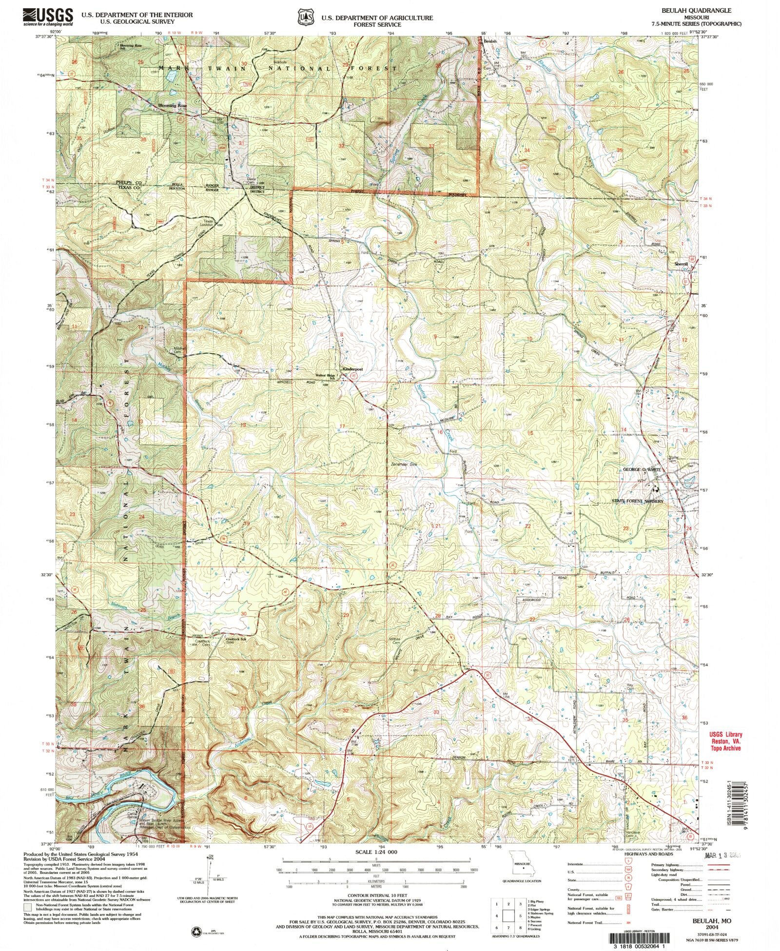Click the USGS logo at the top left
pos(48,17)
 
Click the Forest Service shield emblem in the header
pos(306,18)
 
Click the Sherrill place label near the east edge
pos(681,264)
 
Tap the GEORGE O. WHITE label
pos(642,469)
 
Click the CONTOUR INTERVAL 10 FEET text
pos(374,895)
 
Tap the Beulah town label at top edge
pos(490,41)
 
